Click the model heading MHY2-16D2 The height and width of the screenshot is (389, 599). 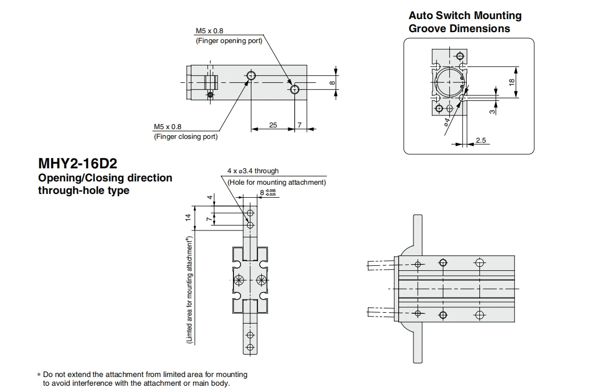click(x=78, y=163)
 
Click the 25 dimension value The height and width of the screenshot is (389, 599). click(x=273, y=125)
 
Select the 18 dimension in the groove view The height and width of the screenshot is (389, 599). click(x=512, y=82)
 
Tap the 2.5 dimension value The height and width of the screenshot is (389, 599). click(x=480, y=141)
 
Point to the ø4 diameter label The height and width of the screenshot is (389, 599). click(x=447, y=123)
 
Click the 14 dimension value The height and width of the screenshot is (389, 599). click(x=188, y=217)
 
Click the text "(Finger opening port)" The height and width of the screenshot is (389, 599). click(x=229, y=40)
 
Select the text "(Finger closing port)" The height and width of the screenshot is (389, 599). click(x=186, y=137)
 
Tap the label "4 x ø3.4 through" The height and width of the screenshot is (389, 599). click(x=253, y=171)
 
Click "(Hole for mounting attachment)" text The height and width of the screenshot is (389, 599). click(x=276, y=183)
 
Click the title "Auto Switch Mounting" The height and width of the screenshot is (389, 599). click(x=465, y=16)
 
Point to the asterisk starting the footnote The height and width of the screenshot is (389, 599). click(x=39, y=375)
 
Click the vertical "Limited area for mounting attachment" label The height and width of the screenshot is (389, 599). click(x=189, y=290)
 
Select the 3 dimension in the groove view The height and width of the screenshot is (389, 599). click(x=492, y=111)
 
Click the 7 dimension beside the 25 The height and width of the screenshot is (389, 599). click(x=299, y=125)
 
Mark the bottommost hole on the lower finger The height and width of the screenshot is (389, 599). click(x=250, y=347)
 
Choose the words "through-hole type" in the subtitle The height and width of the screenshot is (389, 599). click(x=84, y=191)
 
